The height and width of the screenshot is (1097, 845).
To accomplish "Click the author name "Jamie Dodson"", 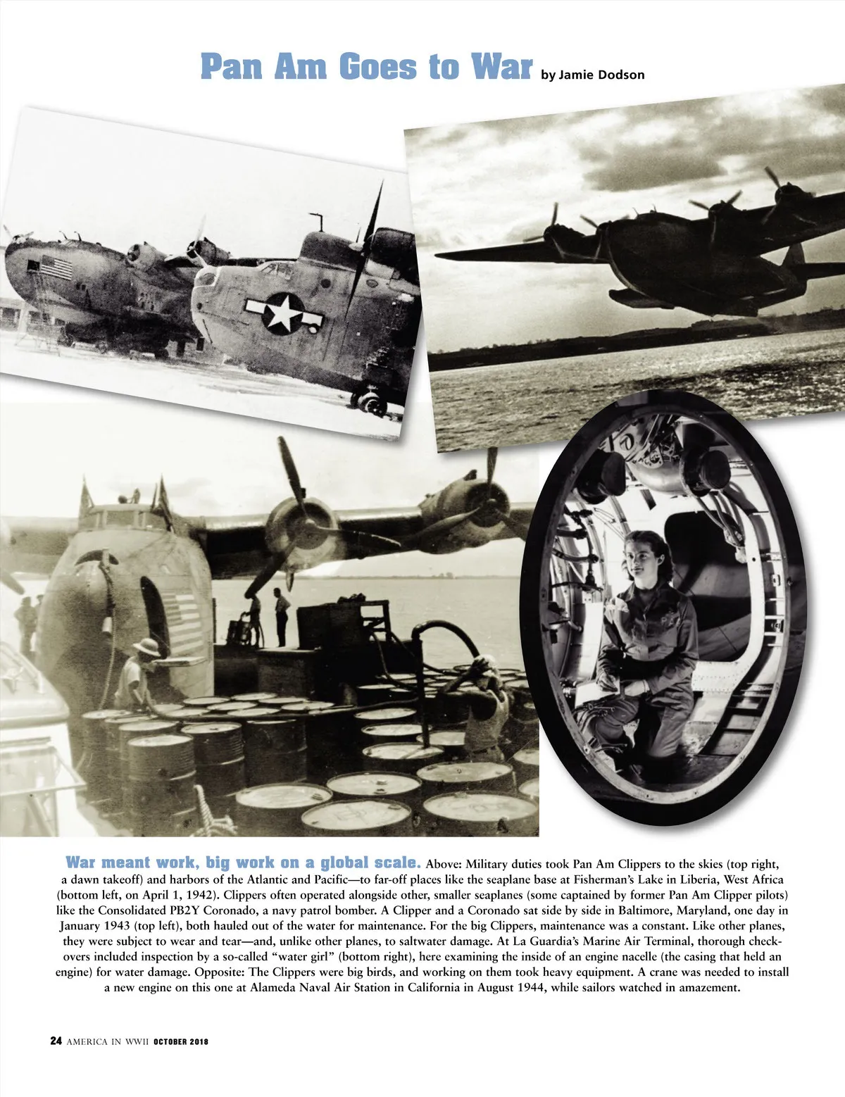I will [x=600, y=74].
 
